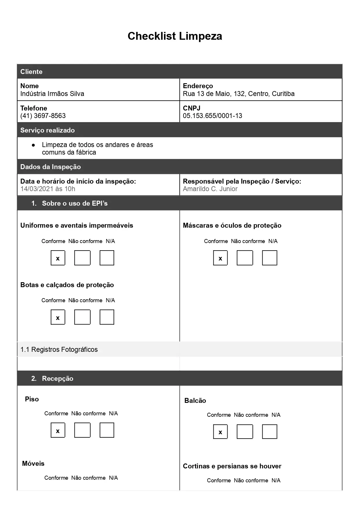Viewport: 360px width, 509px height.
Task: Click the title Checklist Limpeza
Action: click(175, 36)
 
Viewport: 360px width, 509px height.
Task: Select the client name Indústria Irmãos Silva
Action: click(52, 94)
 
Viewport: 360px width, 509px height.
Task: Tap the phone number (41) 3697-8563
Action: click(43, 116)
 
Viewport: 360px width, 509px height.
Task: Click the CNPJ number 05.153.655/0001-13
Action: click(212, 116)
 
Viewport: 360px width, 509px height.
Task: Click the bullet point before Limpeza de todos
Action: click(33, 145)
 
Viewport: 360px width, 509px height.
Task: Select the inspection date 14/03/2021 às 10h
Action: click(48, 189)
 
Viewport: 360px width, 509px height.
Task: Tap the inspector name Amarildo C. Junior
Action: click(210, 189)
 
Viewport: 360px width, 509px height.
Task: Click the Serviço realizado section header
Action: click(48, 130)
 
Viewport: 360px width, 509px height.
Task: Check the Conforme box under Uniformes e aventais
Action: click(58, 258)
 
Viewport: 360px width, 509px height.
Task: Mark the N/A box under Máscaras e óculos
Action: click(270, 258)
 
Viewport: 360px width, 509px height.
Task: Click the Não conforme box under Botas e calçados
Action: click(82, 317)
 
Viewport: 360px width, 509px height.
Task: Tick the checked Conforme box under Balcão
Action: click(220, 432)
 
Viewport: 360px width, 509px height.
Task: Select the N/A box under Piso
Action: click(107, 430)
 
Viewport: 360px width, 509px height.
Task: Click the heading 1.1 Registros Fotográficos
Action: click(59, 349)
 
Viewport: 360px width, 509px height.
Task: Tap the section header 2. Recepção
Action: click(57, 378)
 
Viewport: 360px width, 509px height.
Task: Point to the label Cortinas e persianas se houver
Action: click(232, 466)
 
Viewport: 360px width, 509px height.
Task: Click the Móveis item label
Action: click(33, 463)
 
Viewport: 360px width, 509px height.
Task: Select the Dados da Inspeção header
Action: click(50, 167)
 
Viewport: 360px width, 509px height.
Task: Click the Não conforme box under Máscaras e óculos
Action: click(245, 258)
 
